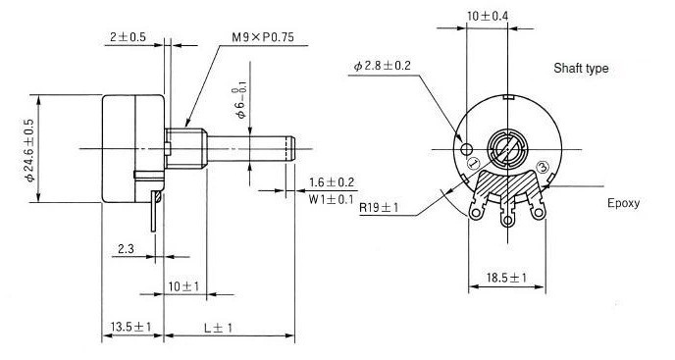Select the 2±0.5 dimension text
pyautogui.click(x=127, y=39)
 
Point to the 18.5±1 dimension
pyautogui.click(x=507, y=280)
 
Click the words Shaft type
pyautogui.click(x=581, y=69)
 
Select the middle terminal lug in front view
pyautogui.click(x=507, y=219)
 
